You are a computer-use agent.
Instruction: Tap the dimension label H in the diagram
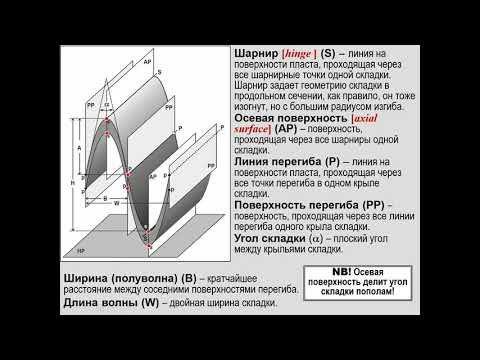72,184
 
